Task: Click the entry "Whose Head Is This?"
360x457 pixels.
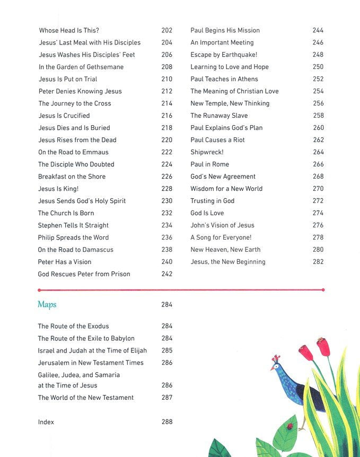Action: (x=69, y=30)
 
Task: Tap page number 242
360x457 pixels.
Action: (x=166, y=274)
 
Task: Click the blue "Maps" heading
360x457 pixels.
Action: (x=47, y=305)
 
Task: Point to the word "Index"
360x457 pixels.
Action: (x=46, y=422)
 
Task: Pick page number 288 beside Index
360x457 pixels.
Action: (x=166, y=422)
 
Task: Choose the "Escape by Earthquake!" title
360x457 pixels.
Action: (x=224, y=55)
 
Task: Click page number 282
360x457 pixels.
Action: (x=318, y=262)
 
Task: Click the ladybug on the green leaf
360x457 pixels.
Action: (x=289, y=426)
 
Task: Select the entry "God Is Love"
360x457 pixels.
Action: (x=207, y=213)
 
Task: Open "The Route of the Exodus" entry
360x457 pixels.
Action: (x=73, y=326)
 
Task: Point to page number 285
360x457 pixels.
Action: (x=166, y=350)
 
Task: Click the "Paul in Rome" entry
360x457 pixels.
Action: (x=209, y=164)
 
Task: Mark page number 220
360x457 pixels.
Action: (x=166, y=140)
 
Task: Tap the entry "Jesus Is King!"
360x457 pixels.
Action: (x=58, y=189)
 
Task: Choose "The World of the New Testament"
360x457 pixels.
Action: (x=85, y=398)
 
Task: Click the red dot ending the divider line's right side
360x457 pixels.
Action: (x=323, y=290)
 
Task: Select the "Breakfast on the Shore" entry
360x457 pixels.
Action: (x=72, y=177)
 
